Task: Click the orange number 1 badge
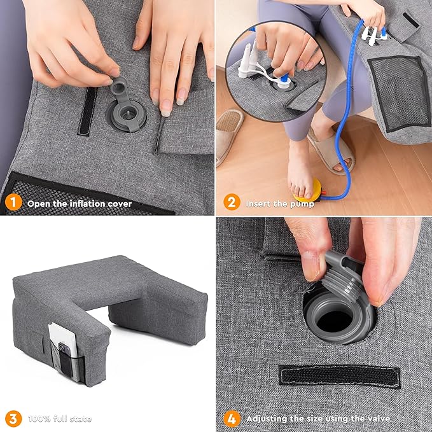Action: [11, 204]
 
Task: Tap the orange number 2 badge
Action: [232, 204]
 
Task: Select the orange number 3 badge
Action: [11, 419]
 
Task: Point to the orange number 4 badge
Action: [232, 419]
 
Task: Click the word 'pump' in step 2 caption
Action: [302, 204]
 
